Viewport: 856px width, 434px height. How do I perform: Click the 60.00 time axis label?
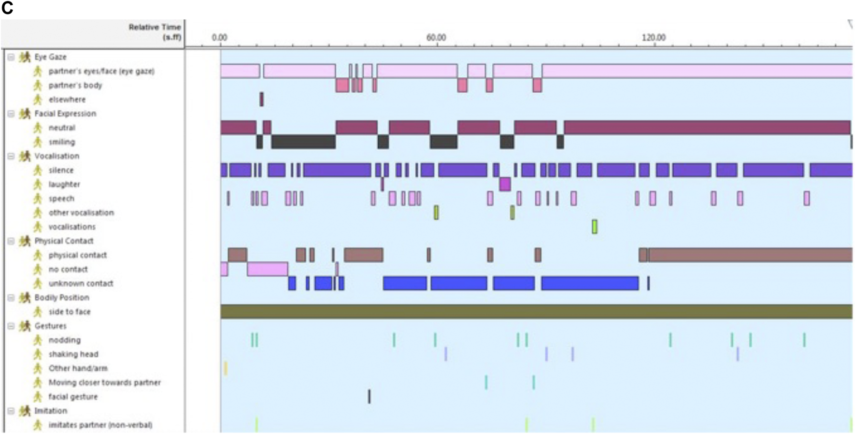pos(436,38)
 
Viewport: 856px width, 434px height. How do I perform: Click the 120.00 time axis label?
pos(654,38)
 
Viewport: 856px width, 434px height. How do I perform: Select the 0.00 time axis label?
pos(219,38)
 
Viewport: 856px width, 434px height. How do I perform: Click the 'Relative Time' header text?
pos(155,27)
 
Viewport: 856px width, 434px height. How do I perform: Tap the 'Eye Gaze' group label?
pos(50,57)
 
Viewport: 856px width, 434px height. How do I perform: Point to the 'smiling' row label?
pos(61,142)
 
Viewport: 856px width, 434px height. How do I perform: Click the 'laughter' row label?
pos(64,184)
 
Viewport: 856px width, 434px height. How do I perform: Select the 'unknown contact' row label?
pos(80,283)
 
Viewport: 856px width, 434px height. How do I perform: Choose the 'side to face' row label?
pos(69,312)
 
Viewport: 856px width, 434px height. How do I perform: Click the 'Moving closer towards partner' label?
pos(104,382)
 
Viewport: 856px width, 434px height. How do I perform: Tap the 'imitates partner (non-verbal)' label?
pos(100,425)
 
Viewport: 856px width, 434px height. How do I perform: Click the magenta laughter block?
pos(505,184)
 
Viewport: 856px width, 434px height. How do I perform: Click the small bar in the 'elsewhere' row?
pos(261,99)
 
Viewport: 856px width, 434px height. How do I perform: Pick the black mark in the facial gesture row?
pos(369,396)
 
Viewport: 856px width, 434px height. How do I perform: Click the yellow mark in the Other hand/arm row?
pos(226,368)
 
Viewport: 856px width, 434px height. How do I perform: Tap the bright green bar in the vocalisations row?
pos(595,227)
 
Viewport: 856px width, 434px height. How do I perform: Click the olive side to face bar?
pos(536,312)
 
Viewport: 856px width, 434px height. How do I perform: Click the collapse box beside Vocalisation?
pos(11,156)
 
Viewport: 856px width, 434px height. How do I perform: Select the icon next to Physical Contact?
pos(25,241)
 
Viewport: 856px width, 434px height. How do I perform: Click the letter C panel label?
pos(7,8)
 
